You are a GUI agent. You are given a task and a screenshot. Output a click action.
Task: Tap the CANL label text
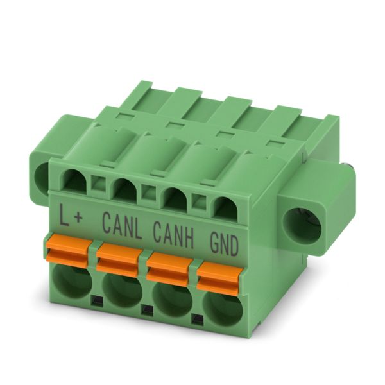click(122, 225)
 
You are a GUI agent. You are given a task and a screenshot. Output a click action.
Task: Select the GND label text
click(224, 245)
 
